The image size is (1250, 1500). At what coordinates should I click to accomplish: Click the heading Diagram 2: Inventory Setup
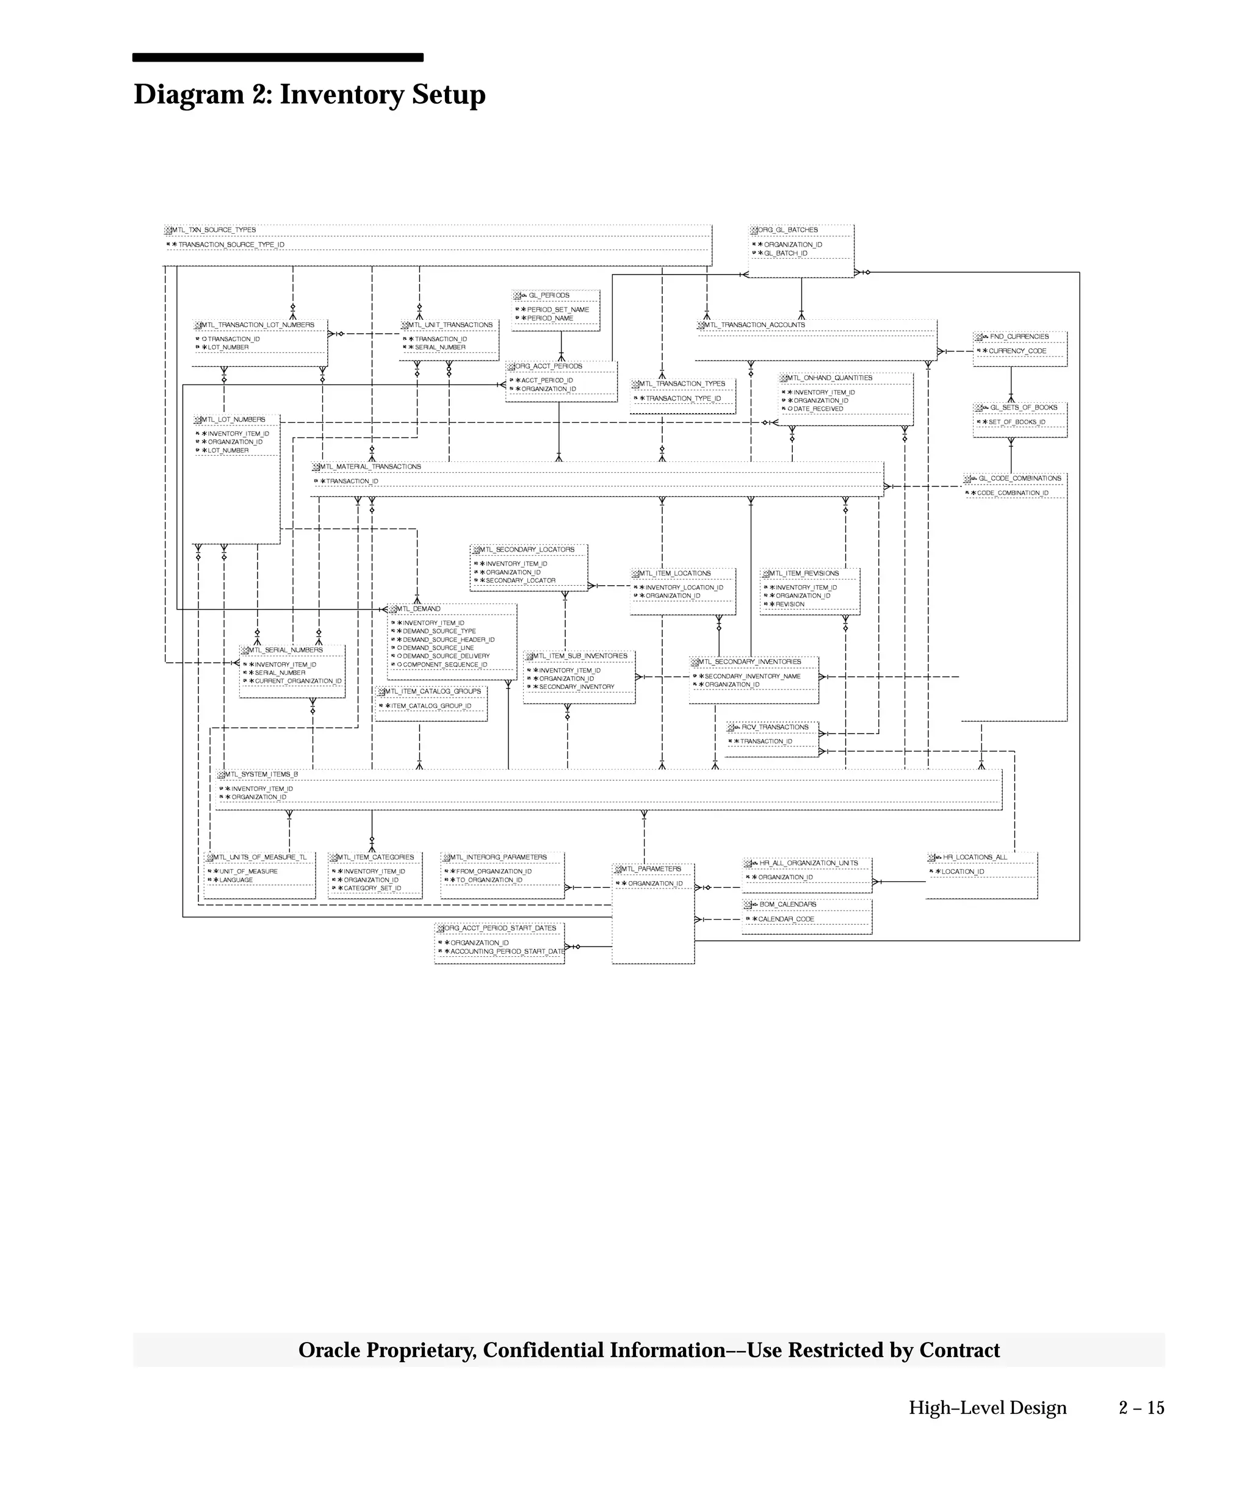(309, 95)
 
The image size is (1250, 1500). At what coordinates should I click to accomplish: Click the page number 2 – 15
(1141, 1407)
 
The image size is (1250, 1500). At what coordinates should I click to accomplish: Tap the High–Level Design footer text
(987, 1407)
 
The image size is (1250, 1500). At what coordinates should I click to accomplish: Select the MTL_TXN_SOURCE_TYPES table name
(214, 230)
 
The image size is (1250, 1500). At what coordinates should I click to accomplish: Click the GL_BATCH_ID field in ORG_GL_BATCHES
(785, 253)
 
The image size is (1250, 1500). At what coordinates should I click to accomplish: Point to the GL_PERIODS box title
(549, 295)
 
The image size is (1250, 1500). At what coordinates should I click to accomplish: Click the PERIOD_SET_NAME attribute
(558, 309)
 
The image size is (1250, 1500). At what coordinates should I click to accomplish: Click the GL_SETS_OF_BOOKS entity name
(1023, 407)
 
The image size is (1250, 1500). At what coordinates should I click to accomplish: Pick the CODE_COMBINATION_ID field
(1012, 493)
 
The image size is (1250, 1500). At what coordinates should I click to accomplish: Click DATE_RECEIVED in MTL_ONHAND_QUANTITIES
(818, 409)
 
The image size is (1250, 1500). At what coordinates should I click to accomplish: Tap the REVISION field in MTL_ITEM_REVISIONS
(789, 604)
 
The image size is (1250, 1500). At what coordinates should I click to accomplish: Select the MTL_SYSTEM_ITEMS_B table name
(261, 774)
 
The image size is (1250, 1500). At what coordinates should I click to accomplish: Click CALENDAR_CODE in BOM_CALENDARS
(786, 918)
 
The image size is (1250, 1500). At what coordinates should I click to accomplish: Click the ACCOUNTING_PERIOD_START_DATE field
(507, 951)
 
